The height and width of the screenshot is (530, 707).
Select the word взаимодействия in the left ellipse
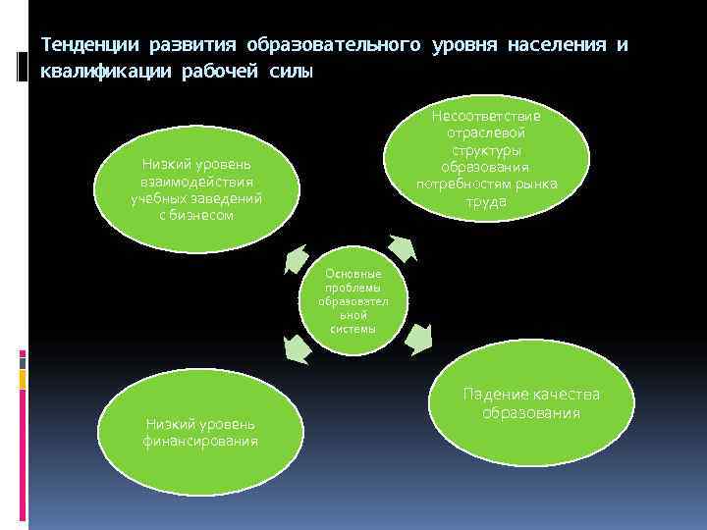click(x=196, y=182)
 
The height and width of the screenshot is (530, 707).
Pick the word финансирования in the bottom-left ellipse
click(x=200, y=441)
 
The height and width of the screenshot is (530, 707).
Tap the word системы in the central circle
click(x=353, y=329)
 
